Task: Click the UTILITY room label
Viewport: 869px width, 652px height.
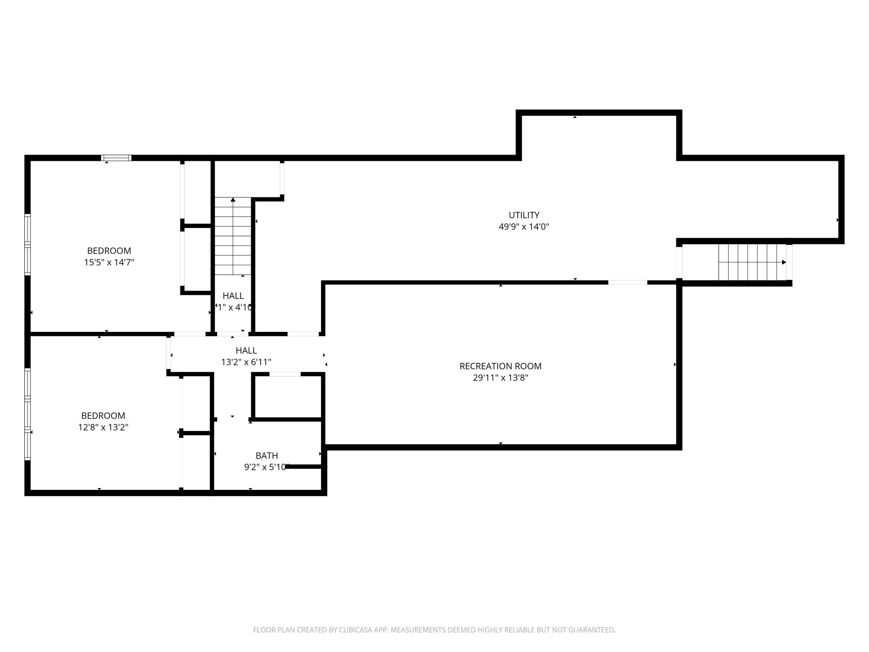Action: click(523, 215)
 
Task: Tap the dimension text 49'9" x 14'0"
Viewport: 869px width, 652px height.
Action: click(523, 227)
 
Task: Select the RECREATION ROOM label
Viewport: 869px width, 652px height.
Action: click(500, 366)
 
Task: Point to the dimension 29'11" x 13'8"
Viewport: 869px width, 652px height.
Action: click(500, 378)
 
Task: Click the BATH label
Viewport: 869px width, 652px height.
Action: click(267, 456)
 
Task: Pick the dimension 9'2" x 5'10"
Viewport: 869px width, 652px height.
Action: click(266, 467)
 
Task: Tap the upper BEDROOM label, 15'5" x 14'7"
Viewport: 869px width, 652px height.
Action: click(109, 251)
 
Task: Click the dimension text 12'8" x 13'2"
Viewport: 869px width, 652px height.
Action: click(103, 427)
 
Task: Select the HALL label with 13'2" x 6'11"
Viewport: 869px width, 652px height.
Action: click(246, 351)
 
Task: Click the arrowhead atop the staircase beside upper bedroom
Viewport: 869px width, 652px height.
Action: click(233, 200)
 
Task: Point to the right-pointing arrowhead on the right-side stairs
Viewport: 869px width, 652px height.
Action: click(784, 262)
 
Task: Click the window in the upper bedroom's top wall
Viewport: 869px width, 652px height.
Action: click(116, 158)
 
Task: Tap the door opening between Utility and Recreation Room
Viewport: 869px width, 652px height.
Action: click(627, 283)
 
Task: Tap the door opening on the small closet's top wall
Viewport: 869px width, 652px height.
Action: click(285, 374)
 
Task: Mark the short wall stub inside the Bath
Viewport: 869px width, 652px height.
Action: click(303, 466)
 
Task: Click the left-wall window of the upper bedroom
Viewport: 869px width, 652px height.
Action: click(28, 244)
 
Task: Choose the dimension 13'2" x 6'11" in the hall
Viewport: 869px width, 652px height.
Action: click(246, 362)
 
